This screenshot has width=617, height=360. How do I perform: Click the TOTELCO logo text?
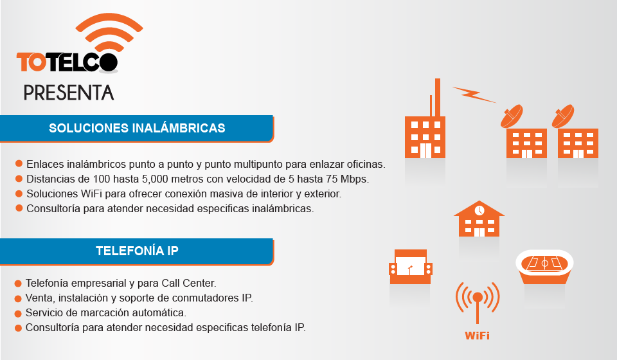67,62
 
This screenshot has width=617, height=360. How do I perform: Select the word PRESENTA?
69,93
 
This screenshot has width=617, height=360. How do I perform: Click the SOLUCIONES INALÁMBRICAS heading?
137,128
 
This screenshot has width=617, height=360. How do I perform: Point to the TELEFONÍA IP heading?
137,251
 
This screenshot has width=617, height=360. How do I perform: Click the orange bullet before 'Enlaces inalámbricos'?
19,164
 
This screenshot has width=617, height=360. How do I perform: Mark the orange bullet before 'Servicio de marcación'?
18,314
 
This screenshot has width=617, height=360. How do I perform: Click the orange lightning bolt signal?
474,94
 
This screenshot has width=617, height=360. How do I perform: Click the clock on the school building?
479,210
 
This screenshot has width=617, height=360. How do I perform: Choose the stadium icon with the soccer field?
544,266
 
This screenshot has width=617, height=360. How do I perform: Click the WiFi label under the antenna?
478,336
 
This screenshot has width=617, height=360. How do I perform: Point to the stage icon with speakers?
411,267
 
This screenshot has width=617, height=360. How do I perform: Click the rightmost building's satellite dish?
563,116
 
